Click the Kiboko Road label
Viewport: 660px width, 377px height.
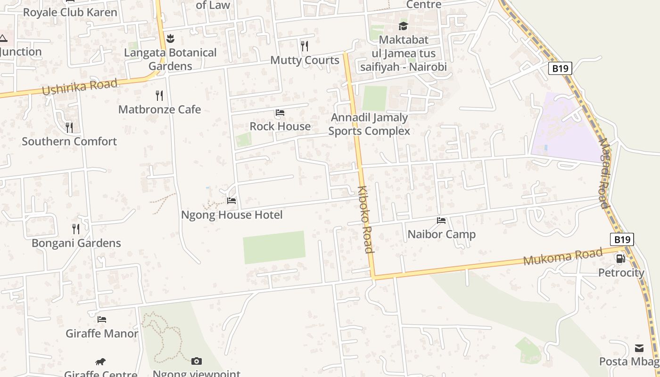click(x=365, y=220)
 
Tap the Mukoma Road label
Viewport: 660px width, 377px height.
click(x=563, y=256)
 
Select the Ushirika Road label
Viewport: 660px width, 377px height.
click(x=80, y=87)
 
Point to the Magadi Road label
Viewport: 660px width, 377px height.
click(x=605, y=172)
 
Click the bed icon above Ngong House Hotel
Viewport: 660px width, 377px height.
click(x=231, y=201)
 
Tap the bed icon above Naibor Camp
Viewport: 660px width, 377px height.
click(x=441, y=220)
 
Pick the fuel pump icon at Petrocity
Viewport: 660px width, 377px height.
click(x=621, y=258)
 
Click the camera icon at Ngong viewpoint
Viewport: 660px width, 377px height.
click(x=197, y=361)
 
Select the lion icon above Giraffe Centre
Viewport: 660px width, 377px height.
click(x=100, y=362)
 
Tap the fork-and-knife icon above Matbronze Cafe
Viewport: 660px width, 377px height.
click(x=159, y=96)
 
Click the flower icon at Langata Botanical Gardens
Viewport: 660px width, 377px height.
click(x=171, y=39)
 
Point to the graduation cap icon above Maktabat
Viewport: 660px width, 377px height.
click(x=403, y=26)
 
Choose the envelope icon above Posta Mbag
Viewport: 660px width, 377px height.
click(x=639, y=348)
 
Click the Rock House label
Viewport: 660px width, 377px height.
click(x=280, y=126)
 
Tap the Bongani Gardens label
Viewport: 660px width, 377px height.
click(x=76, y=243)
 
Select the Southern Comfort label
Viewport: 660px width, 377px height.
click(x=69, y=141)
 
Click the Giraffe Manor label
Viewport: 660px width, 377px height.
click(x=102, y=334)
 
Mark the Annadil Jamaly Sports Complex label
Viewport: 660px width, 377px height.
click(x=369, y=124)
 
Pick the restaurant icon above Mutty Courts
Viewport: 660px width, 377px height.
click(x=305, y=46)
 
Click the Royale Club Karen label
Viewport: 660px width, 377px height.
click(x=70, y=12)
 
